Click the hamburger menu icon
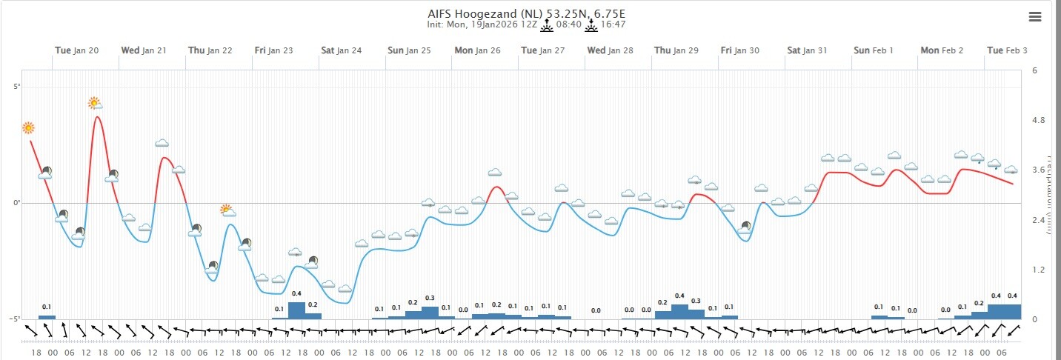1036,17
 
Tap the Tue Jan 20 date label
76,50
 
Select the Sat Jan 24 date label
341,50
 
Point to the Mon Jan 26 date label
477,50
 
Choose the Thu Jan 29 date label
676,50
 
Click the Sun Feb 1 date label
874,50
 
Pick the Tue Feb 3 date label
1006,50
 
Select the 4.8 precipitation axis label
1037,120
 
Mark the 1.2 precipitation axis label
1037,270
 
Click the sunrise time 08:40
569,24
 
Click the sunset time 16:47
613,24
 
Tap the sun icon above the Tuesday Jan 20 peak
94,102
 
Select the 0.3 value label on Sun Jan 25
430,298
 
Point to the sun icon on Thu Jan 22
227,210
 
